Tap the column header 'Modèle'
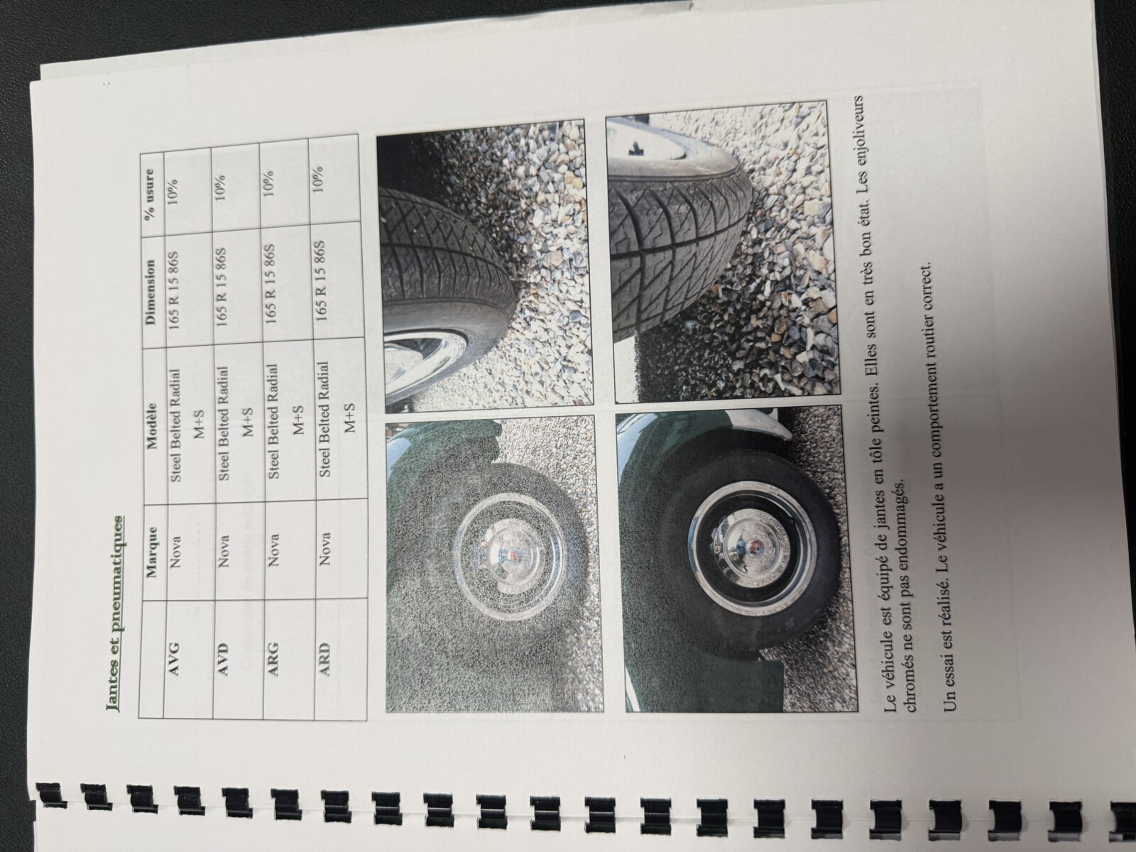point(152,418)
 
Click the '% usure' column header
point(151,192)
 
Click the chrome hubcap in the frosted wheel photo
point(499,555)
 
